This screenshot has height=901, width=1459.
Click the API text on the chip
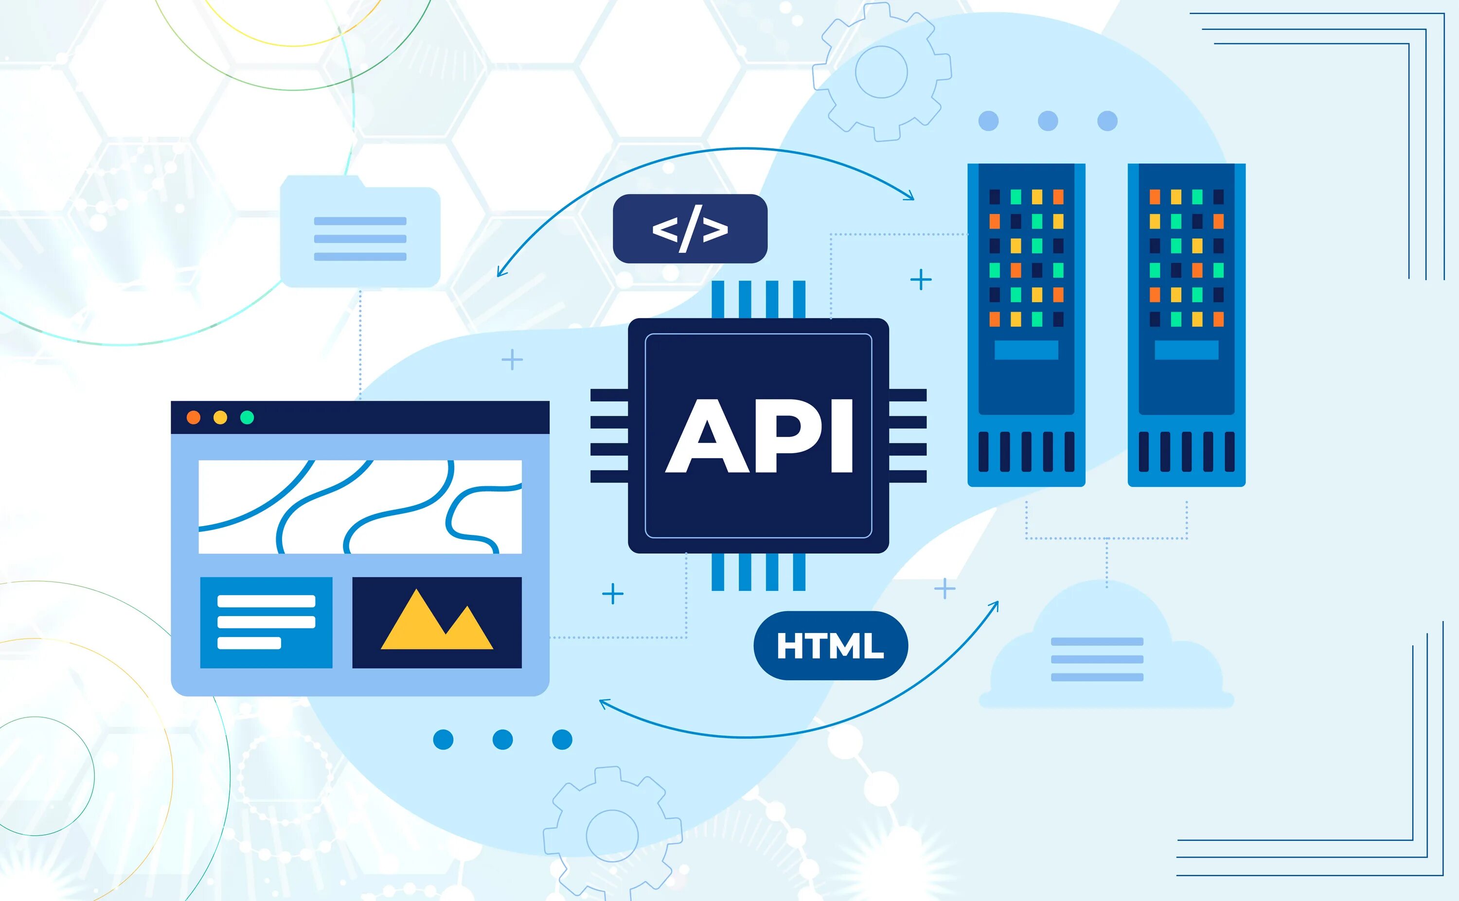[x=759, y=436]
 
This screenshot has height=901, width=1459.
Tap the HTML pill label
[x=830, y=646]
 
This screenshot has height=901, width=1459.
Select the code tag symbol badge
[x=690, y=229]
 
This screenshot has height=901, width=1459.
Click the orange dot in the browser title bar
[x=193, y=417]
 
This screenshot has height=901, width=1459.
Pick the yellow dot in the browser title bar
[x=220, y=417]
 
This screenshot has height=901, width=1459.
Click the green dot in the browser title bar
[x=247, y=417]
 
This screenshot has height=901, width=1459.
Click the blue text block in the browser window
[x=266, y=622]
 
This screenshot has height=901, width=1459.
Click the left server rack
[x=1026, y=325]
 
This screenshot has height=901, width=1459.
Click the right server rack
[x=1186, y=325]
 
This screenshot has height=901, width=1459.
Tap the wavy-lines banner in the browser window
[x=360, y=507]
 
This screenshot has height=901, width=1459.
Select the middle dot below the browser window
[x=502, y=740]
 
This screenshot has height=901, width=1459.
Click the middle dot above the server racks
[x=1048, y=121]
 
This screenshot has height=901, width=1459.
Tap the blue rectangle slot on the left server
[x=1026, y=350]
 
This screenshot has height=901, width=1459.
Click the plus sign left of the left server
[x=921, y=280]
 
